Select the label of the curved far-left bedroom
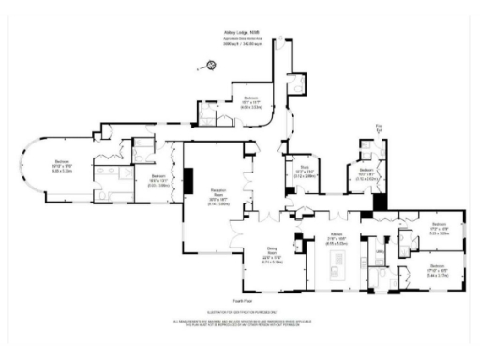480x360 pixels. (62, 168)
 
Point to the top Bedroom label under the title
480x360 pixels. (251, 102)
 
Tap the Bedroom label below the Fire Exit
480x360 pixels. (367, 173)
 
